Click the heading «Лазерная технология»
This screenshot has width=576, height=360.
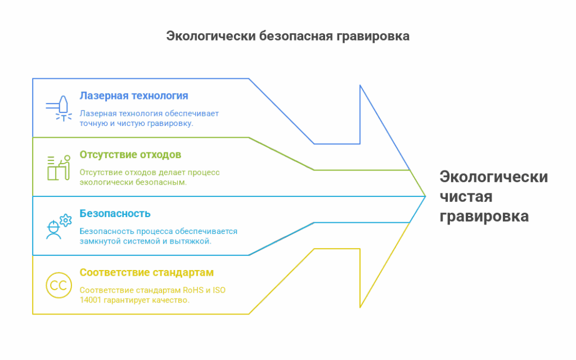coord(134,96)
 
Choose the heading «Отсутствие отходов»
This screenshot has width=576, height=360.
coord(130,155)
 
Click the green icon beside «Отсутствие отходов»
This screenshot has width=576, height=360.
coord(58,166)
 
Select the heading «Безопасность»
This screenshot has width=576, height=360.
coord(115,214)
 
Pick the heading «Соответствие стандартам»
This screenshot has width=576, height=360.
coord(147,273)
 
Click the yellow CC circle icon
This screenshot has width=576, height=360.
coord(58,286)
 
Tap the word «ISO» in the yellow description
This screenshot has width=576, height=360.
coord(220,290)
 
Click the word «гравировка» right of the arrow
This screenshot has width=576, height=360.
coord(484,217)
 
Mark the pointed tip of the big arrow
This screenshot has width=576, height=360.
coord(425,196)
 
